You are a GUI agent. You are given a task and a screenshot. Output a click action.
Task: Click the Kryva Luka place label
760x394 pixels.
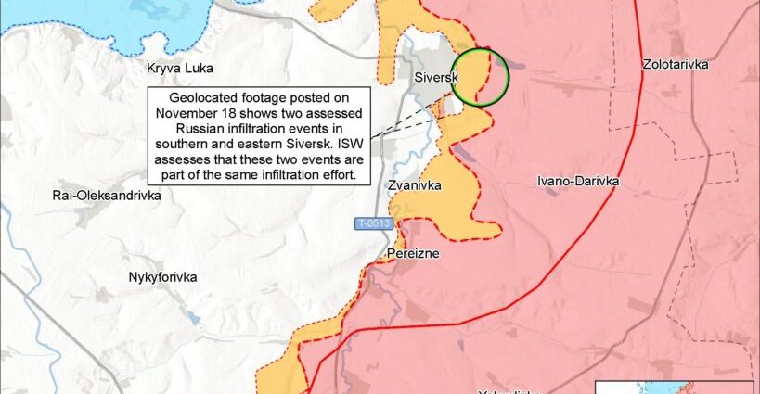click(x=180, y=68)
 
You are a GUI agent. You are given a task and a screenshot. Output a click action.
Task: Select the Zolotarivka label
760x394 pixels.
click(x=675, y=64)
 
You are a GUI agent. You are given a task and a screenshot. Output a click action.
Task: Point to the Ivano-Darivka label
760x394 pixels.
click(x=578, y=181)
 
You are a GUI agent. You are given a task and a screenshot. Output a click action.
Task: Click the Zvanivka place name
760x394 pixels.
click(x=414, y=185)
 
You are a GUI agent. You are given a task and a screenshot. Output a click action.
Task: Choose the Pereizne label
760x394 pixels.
click(x=413, y=252)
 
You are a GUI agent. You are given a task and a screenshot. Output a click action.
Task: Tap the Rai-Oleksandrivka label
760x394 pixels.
click(x=107, y=196)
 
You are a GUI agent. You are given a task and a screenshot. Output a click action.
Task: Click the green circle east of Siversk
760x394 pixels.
click(x=480, y=76)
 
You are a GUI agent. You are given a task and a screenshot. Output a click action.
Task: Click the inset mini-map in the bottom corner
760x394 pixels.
click(x=674, y=387)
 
